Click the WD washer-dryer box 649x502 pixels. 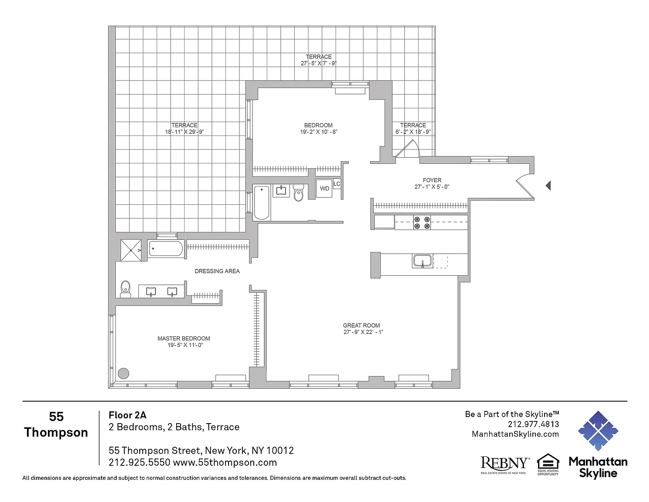click(x=324, y=188)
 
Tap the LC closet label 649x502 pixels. click(x=336, y=184)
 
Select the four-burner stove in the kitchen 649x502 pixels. click(x=422, y=222)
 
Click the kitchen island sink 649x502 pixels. click(x=422, y=261)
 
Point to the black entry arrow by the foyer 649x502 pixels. click(x=548, y=186)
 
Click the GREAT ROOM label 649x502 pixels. click(x=361, y=326)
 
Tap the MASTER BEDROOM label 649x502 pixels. click(x=184, y=339)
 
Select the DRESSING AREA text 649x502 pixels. click(x=217, y=271)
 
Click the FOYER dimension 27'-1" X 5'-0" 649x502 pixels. click(x=432, y=187)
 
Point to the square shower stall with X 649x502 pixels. click(x=131, y=250)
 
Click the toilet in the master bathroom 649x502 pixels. click(x=125, y=289)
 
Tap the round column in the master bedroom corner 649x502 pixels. click(x=123, y=373)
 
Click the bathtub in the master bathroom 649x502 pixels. click(x=166, y=248)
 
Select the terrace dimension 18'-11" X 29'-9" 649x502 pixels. click(x=184, y=132)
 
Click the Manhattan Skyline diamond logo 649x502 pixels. click(x=598, y=431)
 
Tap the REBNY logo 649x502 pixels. click(x=505, y=465)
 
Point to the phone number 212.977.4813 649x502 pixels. click(x=533, y=424)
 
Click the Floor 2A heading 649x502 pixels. click(x=128, y=415)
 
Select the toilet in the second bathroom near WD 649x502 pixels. click(x=298, y=193)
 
